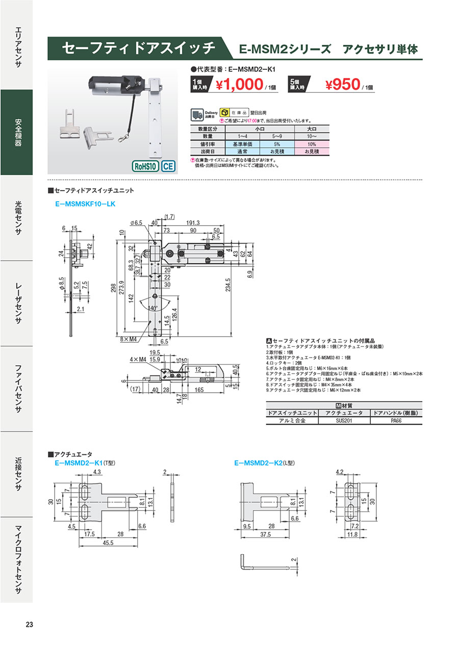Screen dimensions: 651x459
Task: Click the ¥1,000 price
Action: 239,85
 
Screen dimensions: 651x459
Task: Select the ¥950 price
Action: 344,85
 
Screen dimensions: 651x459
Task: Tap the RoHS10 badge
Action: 145,166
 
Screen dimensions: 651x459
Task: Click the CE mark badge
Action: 169,166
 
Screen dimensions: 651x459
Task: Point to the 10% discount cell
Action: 311,144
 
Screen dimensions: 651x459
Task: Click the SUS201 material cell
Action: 344,421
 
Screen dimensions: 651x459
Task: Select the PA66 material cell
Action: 396,421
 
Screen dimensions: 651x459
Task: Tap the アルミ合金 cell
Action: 292,421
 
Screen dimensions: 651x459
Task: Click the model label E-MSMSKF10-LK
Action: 85,204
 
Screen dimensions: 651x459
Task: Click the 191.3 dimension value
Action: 192,223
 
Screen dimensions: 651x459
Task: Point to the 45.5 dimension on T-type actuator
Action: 108,543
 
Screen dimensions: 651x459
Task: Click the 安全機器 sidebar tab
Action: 16,132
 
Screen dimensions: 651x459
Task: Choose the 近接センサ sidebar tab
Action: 16,474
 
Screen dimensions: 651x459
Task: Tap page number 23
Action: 29,625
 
